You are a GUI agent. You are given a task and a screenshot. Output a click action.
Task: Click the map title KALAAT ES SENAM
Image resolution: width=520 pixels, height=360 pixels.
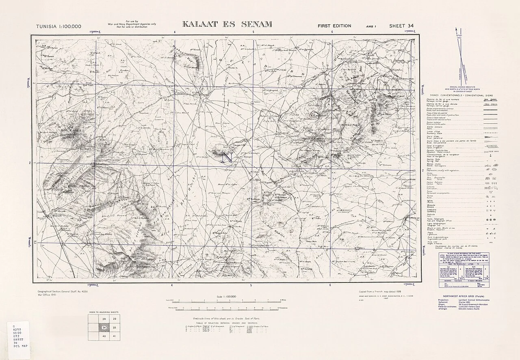point(227,24)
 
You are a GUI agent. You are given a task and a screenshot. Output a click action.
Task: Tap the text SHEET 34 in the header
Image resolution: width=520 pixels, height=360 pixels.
point(401,26)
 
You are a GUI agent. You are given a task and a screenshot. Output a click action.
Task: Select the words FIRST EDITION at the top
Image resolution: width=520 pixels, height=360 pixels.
point(334,26)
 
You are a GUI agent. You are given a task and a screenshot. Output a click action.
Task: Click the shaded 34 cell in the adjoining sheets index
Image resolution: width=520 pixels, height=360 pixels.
point(93,328)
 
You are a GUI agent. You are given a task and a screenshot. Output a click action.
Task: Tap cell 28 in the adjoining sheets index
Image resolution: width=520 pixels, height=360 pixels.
point(93,319)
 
